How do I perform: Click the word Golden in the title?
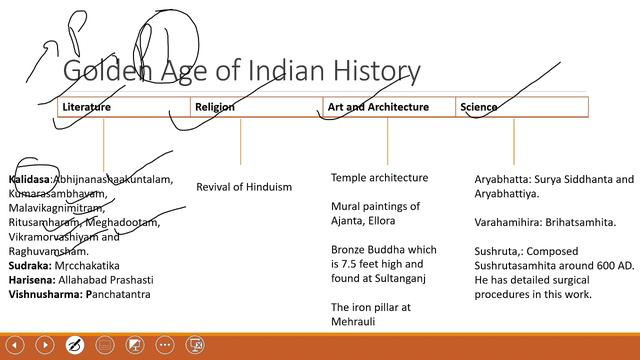point(102,71)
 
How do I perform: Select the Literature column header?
point(86,106)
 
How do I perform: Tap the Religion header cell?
point(215,106)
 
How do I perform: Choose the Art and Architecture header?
point(378,106)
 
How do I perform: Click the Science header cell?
point(478,106)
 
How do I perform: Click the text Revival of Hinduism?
point(244,187)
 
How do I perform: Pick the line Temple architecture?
point(379,178)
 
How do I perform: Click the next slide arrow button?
point(44,345)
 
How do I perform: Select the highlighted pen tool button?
point(74,345)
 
